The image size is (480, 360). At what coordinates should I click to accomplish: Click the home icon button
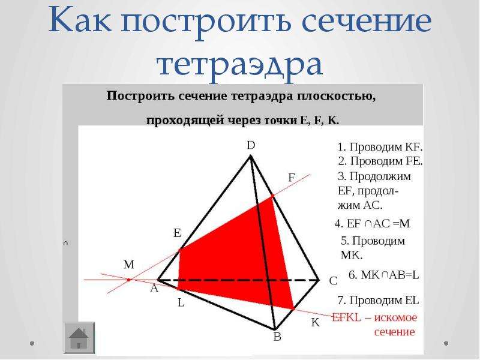pos(79,338)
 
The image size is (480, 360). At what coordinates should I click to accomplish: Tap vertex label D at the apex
pos(251,145)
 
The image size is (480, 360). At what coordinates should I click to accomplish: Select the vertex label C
pos(334,281)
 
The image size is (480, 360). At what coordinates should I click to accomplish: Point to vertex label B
pos(277,337)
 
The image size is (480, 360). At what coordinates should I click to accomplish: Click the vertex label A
pos(154,289)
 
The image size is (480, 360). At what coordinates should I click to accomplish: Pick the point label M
pos(129,265)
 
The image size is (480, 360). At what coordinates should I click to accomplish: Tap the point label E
pos(177,233)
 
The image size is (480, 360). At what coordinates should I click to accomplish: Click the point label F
pos(292,178)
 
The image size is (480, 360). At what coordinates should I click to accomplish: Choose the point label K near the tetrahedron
pos(316,323)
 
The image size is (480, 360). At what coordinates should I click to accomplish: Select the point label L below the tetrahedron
pos(181,303)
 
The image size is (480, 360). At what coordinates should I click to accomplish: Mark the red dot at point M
pos(129,280)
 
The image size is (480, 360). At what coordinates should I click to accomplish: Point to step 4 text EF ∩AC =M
pos(372,224)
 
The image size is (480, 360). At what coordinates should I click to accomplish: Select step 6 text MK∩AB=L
pos(383,275)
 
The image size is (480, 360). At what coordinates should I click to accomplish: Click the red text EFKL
pos(347,317)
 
